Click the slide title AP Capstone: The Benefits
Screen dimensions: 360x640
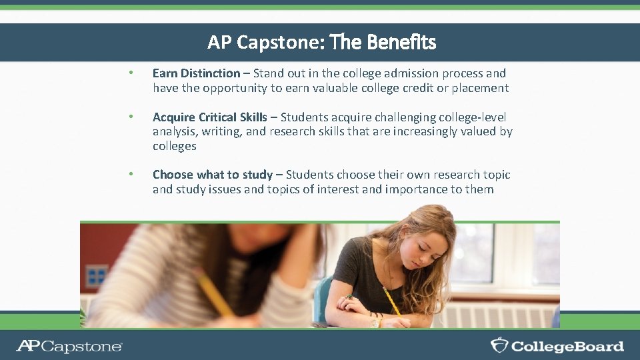point(321,43)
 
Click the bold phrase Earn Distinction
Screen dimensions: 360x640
point(196,73)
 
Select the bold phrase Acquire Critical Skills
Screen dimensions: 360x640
point(210,117)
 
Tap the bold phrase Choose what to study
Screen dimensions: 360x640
point(213,175)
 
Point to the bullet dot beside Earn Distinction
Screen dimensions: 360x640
point(132,73)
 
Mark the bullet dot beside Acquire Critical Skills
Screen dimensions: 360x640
point(132,117)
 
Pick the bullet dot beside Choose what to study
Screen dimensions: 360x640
point(132,175)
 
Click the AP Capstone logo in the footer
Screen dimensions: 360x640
point(69,346)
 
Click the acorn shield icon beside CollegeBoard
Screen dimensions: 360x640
point(499,345)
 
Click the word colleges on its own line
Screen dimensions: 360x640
point(175,146)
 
